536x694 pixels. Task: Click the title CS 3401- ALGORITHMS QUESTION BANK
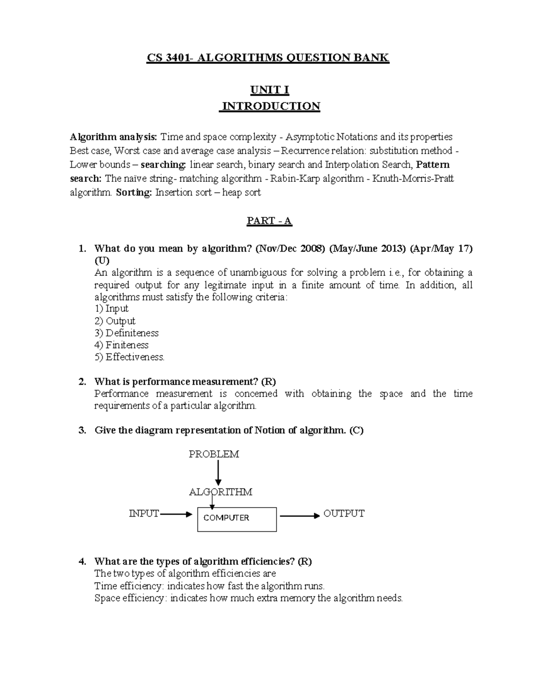pyautogui.click(x=268, y=58)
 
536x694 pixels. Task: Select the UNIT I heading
pyautogui.click(x=269, y=90)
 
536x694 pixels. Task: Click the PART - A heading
pyautogui.click(x=269, y=221)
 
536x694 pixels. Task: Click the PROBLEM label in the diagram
pyautogui.click(x=214, y=454)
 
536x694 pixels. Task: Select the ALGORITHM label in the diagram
pyautogui.click(x=221, y=492)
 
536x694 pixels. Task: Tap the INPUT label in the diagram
pyautogui.click(x=144, y=514)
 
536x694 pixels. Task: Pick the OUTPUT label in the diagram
pyautogui.click(x=344, y=513)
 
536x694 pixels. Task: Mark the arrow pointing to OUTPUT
pyautogui.click(x=300, y=515)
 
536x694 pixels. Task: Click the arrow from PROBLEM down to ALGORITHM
pyautogui.click(x=218, y=473)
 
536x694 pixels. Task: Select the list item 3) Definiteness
pyautogui.click(x=126, y=333)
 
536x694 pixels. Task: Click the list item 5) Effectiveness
pyautogui.click(x=130, y=357)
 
